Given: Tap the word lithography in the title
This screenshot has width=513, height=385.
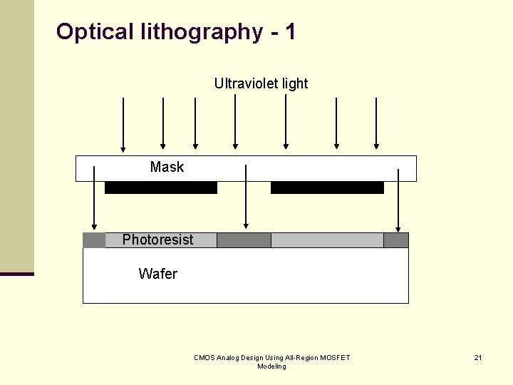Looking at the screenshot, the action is [x=202, y=32].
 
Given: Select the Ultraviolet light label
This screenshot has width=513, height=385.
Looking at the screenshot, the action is [x=261, y=83].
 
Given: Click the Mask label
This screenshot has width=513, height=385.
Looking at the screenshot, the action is [x=167, y=167].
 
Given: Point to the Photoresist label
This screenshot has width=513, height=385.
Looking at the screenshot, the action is [x=157, y=240].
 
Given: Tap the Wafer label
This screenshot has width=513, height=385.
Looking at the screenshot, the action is [x=157, y=274].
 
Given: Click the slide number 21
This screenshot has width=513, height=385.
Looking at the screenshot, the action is [x=478, y=357].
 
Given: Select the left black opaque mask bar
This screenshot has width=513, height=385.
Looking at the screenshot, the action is [x=160, y=188].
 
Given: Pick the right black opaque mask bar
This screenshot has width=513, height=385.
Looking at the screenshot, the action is [x=327, y=188].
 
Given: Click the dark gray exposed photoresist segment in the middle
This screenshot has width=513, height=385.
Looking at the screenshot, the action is [x=244, y=240].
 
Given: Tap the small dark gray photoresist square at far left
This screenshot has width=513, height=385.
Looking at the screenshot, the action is [x=94, y=240].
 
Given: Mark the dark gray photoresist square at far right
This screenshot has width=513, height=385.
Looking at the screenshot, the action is [x=396, y=240].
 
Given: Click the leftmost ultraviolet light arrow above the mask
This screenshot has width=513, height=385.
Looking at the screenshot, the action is [x=123, y=125].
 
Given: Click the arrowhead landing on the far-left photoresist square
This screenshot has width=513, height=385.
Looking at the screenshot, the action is [x=94, y=227].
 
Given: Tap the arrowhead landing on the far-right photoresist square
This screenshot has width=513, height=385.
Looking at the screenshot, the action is [x=398, y=227].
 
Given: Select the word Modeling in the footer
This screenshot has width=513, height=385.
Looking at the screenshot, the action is [x=271, y=366].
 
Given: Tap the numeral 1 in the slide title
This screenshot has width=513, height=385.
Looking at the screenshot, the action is [x=289, y=31].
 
